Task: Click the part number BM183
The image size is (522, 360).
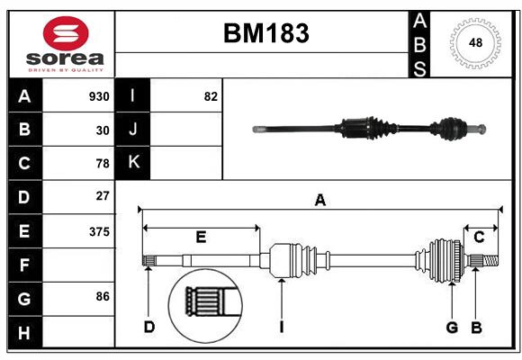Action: tap(265, 33)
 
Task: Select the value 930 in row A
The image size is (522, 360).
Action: tap(99, 96)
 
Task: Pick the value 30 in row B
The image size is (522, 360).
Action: tap(103, 130)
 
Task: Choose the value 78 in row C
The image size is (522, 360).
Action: tap(103, 164)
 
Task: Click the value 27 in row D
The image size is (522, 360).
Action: tap(103, 195)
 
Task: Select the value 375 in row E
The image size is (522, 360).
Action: tap(99, 231)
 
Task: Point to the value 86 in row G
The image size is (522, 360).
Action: tap(103, 295)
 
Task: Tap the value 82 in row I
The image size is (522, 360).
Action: tap(211, 96)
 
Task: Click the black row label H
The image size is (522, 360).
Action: tap(24, 334)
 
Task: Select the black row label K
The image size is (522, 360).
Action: tap(133, 163)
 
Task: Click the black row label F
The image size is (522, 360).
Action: tap(24, 265)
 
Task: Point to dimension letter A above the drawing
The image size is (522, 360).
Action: tap(319, 201)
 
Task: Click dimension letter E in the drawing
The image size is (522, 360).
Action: tap(201, 237)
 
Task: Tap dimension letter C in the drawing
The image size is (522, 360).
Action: tap(480, 237)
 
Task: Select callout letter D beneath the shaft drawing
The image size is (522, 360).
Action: tap(148, 327)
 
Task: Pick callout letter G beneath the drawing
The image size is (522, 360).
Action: tap(453, 327)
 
